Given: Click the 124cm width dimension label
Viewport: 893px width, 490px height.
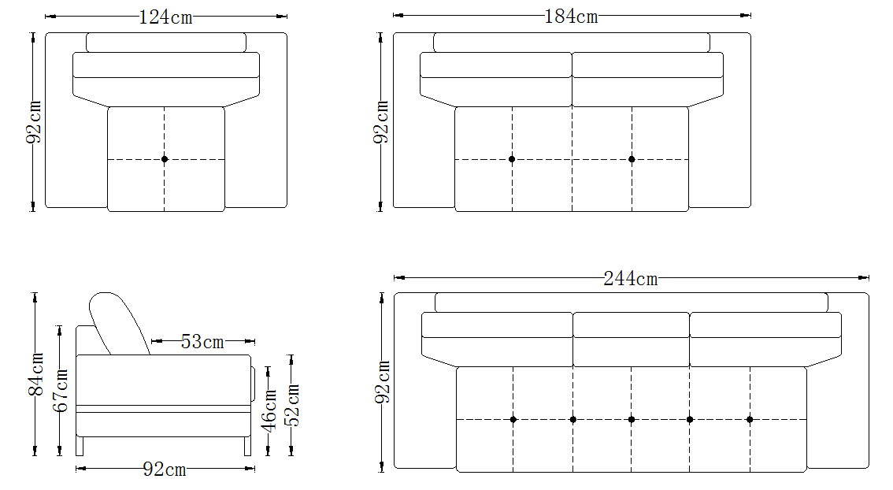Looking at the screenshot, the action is click(165, 17).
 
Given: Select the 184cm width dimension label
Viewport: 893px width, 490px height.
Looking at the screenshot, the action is click(571, 17).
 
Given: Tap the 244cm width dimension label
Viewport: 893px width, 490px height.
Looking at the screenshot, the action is click(631, 279).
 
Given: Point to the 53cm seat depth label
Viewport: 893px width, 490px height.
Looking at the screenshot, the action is click(202, 342).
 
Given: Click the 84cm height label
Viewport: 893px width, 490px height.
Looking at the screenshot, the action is click(35, 373).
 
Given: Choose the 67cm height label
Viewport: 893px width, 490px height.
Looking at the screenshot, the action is click(60, 390).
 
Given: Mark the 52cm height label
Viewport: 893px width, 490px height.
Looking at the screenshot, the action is click(291, 405).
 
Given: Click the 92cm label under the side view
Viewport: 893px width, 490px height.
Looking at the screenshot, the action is click(165, 470).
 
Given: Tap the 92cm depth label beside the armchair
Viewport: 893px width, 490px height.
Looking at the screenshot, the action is click(34, 122).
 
